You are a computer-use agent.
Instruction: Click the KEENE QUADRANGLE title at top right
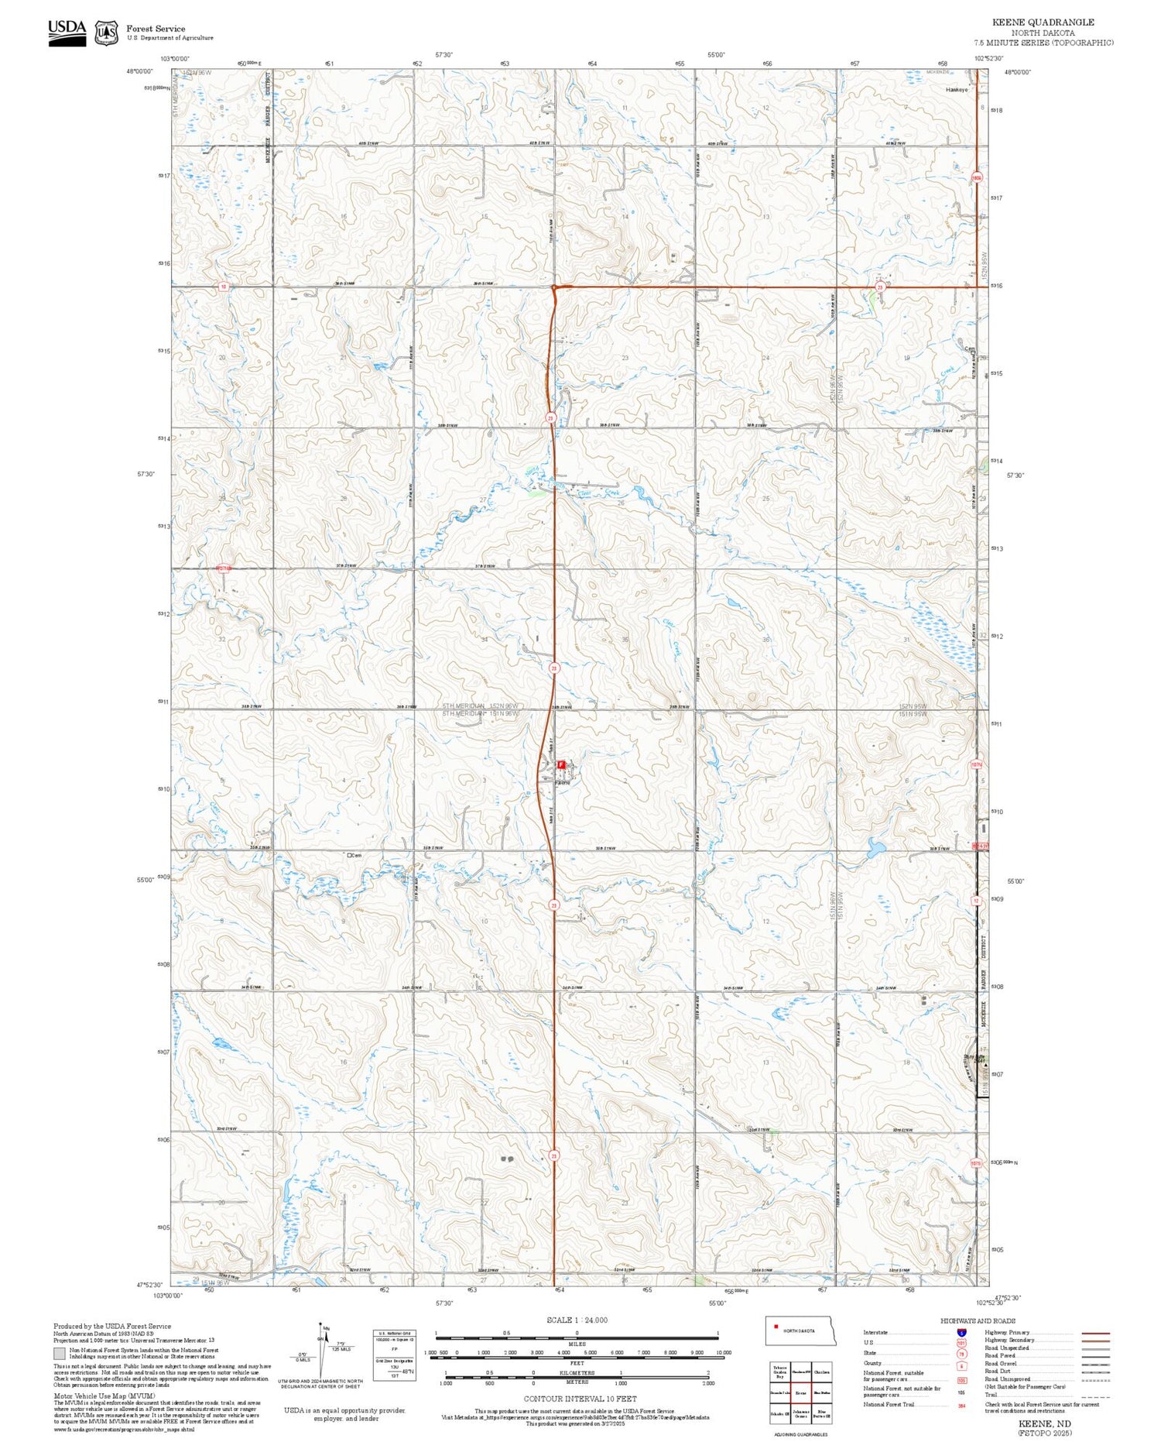point(1043,22)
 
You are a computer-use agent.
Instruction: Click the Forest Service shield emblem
point(106,33)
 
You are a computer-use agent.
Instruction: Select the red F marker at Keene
point(561,764)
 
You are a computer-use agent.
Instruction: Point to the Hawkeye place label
point(957,90)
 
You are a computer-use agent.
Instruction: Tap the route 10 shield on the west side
point(223,287)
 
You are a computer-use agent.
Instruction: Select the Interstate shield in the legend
point(961,1333)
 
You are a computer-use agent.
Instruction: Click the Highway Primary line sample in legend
point(1094,1333)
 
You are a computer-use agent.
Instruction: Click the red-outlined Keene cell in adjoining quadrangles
point(801,1393)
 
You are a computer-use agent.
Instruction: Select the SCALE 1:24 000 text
point(577,1320)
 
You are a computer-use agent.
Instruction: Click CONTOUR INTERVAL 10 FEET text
point(580,1399)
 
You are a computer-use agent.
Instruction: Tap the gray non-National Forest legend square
point(60,1353)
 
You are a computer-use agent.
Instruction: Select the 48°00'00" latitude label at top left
point(140,71)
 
